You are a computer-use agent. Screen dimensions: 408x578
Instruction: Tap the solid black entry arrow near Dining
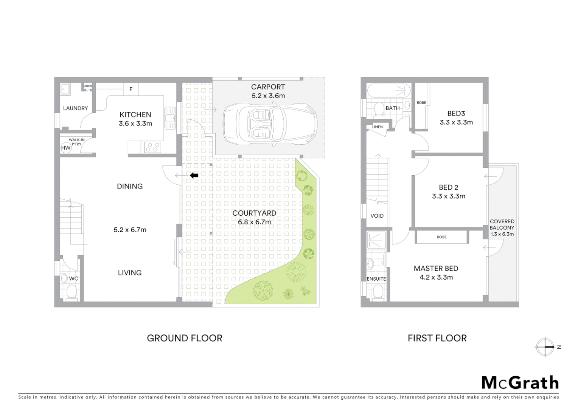tap(194, 175)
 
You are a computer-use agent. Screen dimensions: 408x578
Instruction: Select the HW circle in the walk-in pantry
tap(66, 148)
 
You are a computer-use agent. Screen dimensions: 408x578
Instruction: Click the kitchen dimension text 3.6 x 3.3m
tap(135, 124)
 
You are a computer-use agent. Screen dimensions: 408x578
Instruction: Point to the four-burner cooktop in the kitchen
tap(152, 147)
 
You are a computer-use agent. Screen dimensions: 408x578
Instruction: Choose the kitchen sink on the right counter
tap(170, 117)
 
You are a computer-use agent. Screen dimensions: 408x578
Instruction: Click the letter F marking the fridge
tap(131, 89)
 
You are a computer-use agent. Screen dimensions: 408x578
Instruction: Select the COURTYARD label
tap(254, 213)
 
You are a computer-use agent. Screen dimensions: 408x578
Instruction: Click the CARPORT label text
tap(268, 87)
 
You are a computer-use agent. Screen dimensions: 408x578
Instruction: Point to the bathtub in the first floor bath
tap(389, 91)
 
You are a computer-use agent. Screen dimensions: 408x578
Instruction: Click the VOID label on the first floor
tap(377, 216)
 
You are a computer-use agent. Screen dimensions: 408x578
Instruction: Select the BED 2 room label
tap(449, 187)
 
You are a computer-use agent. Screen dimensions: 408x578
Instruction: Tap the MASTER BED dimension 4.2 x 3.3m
tap(436, 277)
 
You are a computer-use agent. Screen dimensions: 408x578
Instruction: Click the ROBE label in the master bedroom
tap(441, 237)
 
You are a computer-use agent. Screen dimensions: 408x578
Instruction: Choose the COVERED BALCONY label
tap(502, 224)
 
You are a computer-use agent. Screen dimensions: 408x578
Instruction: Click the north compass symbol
tap(545, 347)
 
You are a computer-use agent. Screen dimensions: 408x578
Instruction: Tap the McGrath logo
tap(520, 383)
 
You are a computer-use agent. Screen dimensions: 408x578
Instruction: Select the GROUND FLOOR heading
tap(185, 338)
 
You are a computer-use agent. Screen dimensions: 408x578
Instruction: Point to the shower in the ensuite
tap(376, 240)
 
